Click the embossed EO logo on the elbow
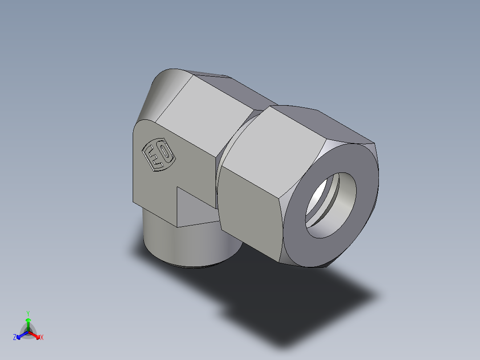pyautogui.click(x=158, y=155)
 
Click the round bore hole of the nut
pyautogui.click(x=331, y=205)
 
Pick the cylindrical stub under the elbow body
pyautogui.click(x=187, y=245)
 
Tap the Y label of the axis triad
pyautogui.click(x=28, y=313)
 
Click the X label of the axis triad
pyautogui.click(x=42, y=337)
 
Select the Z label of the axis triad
pyautogui.click(x=15, y=337)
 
